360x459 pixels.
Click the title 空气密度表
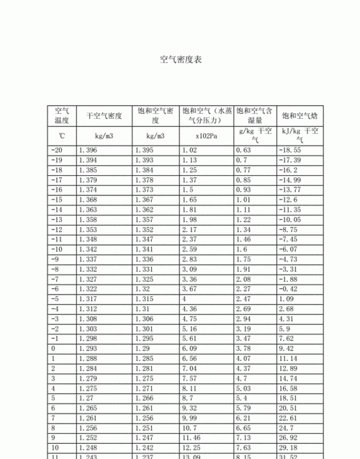(180, 60)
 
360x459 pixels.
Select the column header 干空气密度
(104, 115)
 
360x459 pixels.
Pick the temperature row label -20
(58, 150)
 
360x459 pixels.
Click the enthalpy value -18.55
(291, 150)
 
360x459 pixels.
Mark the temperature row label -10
(58, 249)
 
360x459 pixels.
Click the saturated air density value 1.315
(144, 298)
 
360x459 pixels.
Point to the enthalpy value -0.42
(290, 288)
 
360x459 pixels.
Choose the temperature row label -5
(55, 298)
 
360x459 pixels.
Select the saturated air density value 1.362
(144, 209)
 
